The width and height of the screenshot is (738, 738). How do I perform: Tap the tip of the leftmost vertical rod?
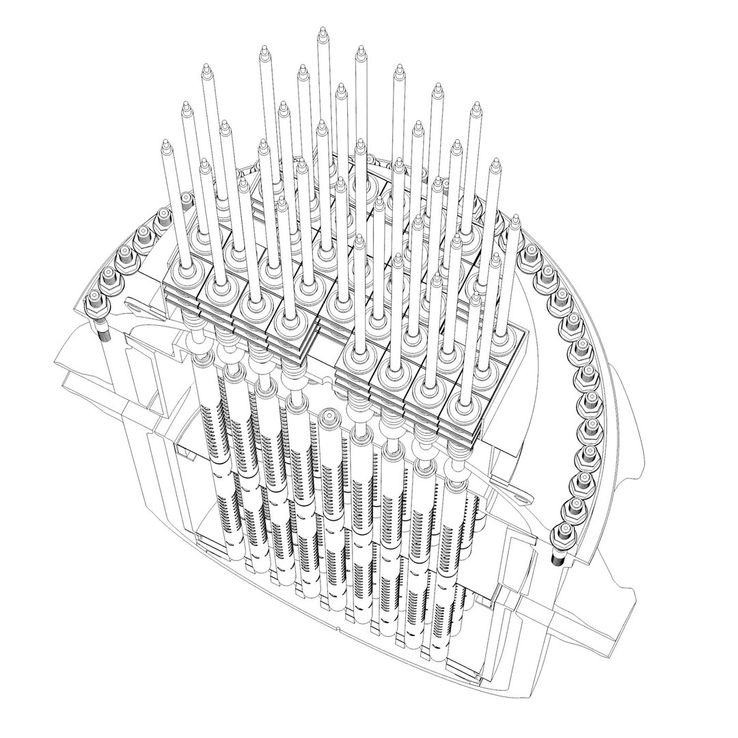(164, 143)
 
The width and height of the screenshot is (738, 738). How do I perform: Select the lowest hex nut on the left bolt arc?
(94, 299)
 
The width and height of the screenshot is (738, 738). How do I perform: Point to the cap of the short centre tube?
(329, 415)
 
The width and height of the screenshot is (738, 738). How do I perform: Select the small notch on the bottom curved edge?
(339, 626)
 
